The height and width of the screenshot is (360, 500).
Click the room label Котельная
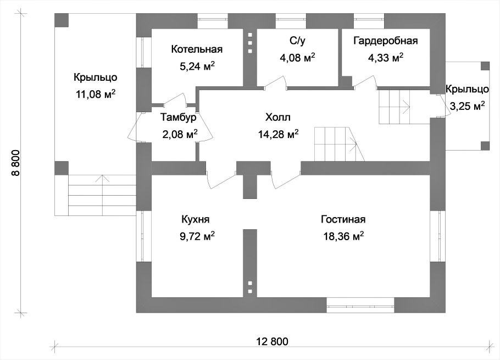click(x=197, y=49)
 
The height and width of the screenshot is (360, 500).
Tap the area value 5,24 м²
click(x=197, y=66)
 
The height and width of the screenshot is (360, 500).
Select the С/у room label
click(x=297, y=41)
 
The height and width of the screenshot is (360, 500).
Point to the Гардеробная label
click(x=386, y=41)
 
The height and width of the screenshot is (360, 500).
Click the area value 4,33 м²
click(x=386, y=58)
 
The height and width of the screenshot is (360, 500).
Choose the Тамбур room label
click(x=178, y=117)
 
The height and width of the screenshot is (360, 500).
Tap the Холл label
click(x=278, y=117)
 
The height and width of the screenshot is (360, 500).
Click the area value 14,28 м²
click(x=279, y=134)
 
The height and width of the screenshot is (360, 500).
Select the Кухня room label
click(x=196, y=219)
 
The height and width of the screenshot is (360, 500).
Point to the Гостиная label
click(x=343, y=219)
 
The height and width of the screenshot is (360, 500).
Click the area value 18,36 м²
click(x=344, y=236)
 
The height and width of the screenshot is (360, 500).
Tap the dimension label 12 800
click(x=272, y=341)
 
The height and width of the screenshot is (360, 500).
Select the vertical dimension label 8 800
click(x=16, y=163)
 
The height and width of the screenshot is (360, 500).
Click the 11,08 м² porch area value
click(x=96, y=94)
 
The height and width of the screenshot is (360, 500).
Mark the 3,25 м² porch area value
click(x=468, y=106)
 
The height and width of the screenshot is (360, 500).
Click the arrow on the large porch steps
click(x=102, y=195)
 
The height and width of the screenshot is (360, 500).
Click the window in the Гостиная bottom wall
click(x=360, y=306)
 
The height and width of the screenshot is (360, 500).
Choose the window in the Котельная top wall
click(x=213, y=21)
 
